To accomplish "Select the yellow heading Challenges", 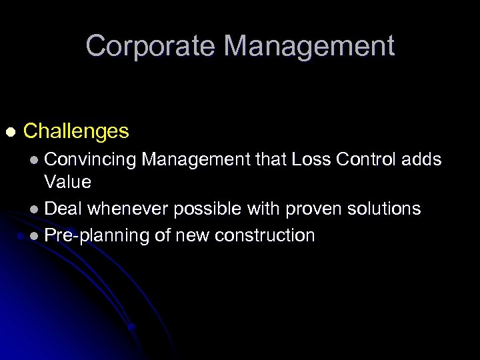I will click(x=76, y=131).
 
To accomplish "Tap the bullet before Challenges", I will click(x=9, y=131).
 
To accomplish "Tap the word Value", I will click(x=67, y=181).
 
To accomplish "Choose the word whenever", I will click(x=129, y=209).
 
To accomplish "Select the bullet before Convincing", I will click(x=35, y=160).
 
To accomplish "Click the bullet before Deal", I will click(x=35, y=210).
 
